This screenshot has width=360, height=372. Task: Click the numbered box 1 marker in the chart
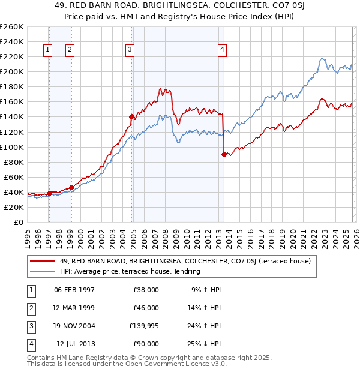48,50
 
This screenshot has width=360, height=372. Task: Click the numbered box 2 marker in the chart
70,50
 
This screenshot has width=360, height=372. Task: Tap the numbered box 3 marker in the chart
130,50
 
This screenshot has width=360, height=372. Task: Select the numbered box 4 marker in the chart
222,50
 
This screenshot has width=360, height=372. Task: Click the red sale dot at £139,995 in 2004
131,116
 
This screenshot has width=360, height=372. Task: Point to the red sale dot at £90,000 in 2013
224,154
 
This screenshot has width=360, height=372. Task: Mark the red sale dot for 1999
71,187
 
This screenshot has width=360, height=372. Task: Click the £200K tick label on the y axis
12,71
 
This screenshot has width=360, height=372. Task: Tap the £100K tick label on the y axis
12,147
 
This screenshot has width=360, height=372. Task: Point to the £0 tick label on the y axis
18,222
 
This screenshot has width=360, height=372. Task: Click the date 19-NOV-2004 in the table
74,326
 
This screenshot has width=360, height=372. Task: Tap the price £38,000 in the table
146,289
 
